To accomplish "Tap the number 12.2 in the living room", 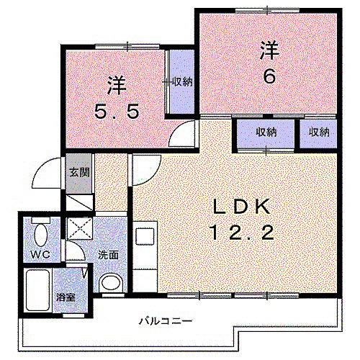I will pos(240,232).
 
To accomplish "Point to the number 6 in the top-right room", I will pos(269,76).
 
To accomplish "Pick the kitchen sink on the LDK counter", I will pos(143,238).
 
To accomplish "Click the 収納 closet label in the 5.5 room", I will pos(182,81).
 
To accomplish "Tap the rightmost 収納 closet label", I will pos(319,132).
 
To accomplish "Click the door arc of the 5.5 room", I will pos(184,134).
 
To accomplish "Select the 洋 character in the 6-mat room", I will pos(269,51).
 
